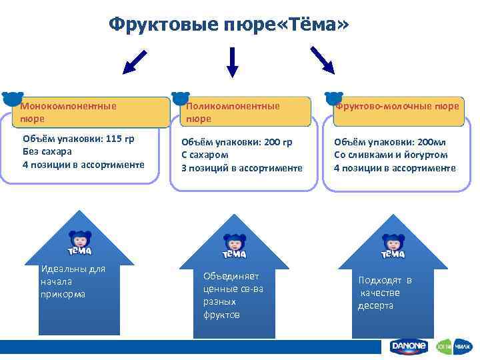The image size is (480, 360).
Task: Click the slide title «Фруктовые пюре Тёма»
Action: (229, 25)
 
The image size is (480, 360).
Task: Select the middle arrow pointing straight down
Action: (232, 62)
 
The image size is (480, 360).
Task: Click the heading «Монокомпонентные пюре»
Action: (69, 112)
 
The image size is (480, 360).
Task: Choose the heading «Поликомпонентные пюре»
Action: (233, 112)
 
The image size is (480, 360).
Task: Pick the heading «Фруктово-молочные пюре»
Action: (397, 106)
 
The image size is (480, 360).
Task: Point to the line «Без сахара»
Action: (49, 151)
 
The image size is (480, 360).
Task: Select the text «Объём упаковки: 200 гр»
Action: (237, 142)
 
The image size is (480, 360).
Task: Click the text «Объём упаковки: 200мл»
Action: (390, 142)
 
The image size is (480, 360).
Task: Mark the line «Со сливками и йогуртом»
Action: (391, 155)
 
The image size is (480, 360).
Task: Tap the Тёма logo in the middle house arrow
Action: (234, 246)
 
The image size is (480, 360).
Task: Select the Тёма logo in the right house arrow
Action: (393, 245)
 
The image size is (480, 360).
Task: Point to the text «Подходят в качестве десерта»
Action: (385, 293)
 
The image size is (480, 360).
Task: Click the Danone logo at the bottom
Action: (409, 347)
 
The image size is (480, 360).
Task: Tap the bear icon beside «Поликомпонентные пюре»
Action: (178, 98)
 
